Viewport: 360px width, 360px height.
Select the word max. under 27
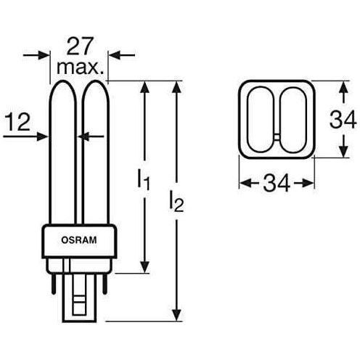[79, 70]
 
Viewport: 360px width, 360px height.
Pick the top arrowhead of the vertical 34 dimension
[342, 88]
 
